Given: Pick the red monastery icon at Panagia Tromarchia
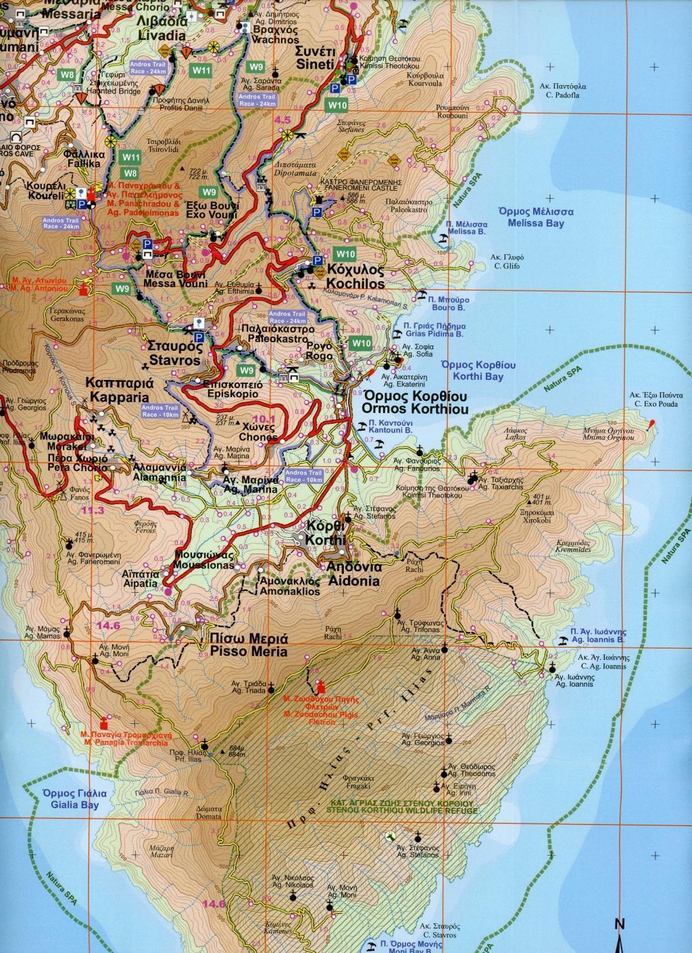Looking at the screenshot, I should pyautogui.click(x=103, y=721).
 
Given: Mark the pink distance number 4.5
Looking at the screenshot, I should pyautogui.click(x=282, y=120).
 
